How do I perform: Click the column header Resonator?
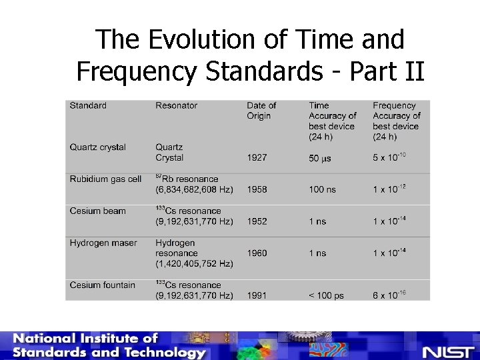[177, 105]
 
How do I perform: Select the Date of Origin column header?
[261, 111]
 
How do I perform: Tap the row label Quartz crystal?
[98, 147]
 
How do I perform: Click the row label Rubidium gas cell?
[105, 179]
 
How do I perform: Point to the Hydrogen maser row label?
[103, 243]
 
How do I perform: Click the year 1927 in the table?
[257, 158]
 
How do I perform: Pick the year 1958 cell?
[257, 190]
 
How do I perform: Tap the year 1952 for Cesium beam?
[257, 221]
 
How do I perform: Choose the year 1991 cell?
[257, 295]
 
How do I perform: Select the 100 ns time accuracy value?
[322, 190]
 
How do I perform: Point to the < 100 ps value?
[326, 295]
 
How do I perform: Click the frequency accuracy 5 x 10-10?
[389, 157]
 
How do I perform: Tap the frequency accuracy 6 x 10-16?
[389, 295]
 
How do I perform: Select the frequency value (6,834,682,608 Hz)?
[194, 190]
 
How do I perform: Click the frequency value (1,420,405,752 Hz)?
[194, 264]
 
